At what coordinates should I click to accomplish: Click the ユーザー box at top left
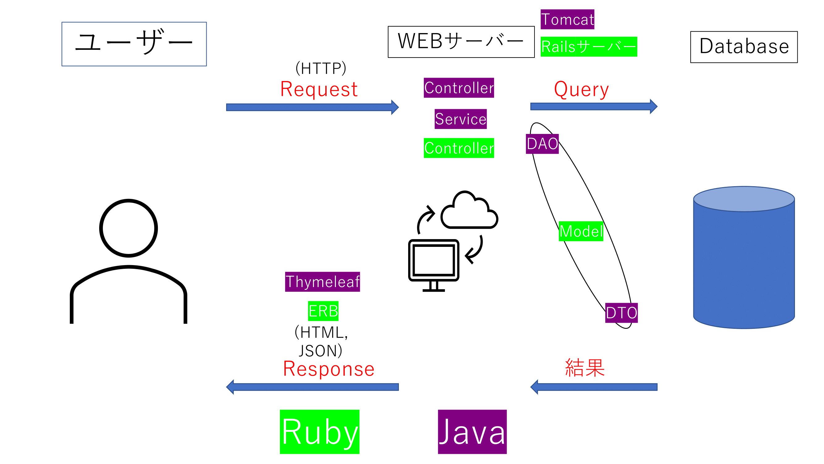134,44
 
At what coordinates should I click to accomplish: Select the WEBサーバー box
461,42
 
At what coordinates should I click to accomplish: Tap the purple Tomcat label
567,19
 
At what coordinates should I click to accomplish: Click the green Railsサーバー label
589,47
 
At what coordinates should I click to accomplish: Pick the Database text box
744,47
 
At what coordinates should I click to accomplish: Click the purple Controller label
459,88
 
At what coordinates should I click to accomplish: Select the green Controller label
459,148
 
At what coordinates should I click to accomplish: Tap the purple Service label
461,119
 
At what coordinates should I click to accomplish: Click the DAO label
542,144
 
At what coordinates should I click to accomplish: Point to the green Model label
581,231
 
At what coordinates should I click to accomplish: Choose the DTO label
621,313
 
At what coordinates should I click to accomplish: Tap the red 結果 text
585,367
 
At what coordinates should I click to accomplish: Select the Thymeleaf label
323,282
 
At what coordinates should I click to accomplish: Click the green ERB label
323,311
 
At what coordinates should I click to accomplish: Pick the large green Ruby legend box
319,432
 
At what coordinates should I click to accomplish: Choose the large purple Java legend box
472,432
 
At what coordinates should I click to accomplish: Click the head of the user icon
129,228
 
